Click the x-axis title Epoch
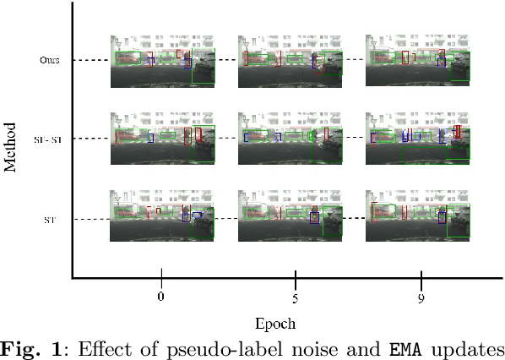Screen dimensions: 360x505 tap(275, 322)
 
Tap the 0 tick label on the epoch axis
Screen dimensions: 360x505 tap(161, 297)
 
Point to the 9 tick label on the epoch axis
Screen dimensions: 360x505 tap(421, 297)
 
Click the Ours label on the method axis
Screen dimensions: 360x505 tap(49, 60)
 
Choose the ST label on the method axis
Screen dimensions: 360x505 tap(50, 220)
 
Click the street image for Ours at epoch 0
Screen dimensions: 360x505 tap(163, 61)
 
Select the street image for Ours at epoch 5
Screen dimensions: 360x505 tap(290, 61)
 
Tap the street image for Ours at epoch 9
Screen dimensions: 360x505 tap(417, 61)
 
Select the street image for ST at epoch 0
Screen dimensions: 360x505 tap(163, 216)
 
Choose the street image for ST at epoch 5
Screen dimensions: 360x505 tap(290, 216)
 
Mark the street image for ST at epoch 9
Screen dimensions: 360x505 tap(417, 216)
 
